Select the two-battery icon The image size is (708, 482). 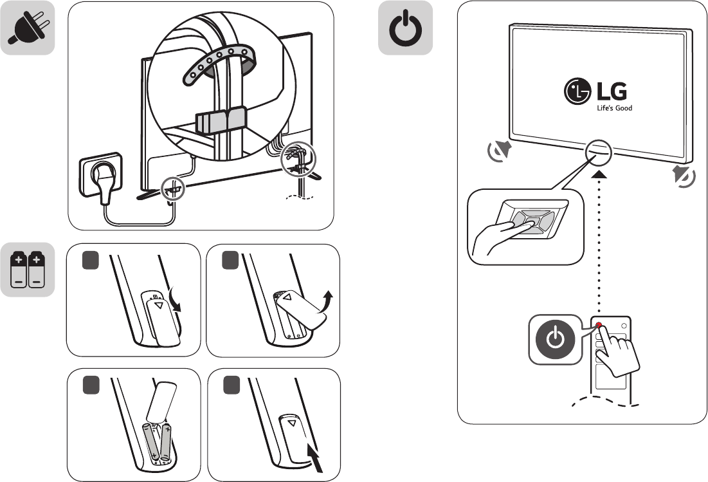pos(27,269)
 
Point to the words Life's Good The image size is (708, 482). pos(614,108)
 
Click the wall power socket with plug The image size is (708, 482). pos(100,174)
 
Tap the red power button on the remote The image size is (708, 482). pos(599,326)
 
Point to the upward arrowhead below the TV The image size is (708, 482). pos(599,174)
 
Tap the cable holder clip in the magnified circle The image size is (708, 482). pos(219,119)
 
